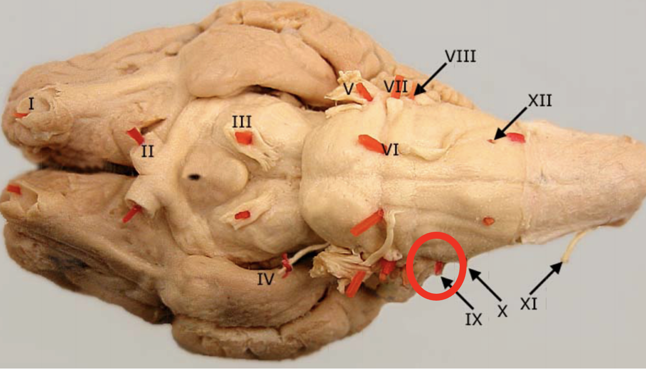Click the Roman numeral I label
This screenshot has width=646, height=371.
pyautogui.click(x=31, y=104)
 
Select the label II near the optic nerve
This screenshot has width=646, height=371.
pyautogui.click(x=147, y=151)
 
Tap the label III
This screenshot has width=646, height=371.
pyautogui.click(x=242, y=122)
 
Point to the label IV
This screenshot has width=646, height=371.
pyautogui.click(x=265, y=280)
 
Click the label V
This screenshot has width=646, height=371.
pyautogui.click(x=349, y=89)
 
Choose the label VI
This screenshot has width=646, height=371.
pyautogui.click(x=390, y=150)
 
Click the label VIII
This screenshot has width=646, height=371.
pyautogui.click(x=460, y=56)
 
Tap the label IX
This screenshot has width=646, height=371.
pyautogui.click(x=474, y=319)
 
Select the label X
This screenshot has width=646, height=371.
pyautogui.click(x=502, y=311)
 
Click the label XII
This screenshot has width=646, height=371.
pyautogui.click(x=540, y=101)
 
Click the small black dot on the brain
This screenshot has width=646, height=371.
pyautogui.click(x=195, y=177)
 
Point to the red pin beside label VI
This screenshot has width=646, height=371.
pyautogui.click(x=370, y=144)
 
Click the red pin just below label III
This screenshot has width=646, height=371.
pyautogui.click(x=244, y=138)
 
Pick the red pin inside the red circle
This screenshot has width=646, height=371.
pyautogui.click(x=439, y=268)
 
